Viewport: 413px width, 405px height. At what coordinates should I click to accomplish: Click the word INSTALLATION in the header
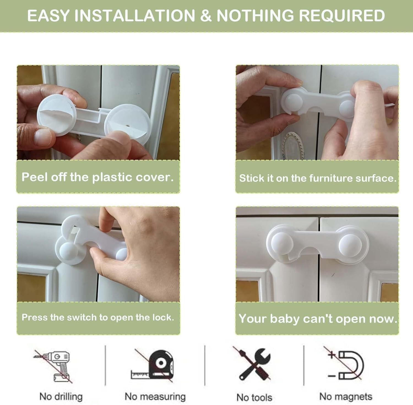click(x=135, y=16)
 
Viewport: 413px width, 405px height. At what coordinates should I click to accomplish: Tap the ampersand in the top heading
click(x=206, y=16)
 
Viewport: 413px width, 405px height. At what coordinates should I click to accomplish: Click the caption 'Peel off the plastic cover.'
click(x=98, y=177)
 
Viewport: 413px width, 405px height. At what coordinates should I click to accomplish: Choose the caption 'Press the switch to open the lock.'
click(x=98, y=317)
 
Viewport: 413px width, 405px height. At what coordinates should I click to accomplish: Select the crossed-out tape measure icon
click(x=153, y=366)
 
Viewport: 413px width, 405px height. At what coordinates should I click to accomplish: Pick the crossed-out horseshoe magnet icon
click(x=346, y=365)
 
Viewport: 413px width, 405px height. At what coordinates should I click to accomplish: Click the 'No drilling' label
click(x=61, y=396)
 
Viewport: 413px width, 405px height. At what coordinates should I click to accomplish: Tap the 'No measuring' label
click(x=155, y=396)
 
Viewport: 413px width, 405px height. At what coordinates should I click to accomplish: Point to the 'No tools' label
click(x=254, y=397)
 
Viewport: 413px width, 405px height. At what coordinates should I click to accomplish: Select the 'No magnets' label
click(x=346, y=396)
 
